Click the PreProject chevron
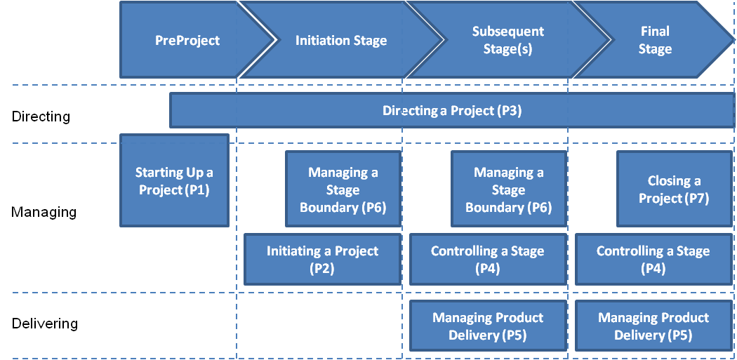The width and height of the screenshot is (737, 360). (x=188, y=40)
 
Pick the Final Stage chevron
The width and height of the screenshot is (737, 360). (x=654, y=40)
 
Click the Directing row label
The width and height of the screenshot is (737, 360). (x=41, y=116)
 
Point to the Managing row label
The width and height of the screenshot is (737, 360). (x=44, y=213)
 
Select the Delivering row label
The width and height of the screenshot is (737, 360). (x=45, y=324)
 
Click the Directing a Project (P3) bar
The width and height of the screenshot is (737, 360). (x=452, y=110)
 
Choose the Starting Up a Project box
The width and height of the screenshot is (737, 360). (x=174, y=180)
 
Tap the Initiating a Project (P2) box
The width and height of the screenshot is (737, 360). (x=322, y=259)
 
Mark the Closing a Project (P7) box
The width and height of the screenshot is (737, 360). (x=674, y=189)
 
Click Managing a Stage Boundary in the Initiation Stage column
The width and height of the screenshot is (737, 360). (x=343, y=189)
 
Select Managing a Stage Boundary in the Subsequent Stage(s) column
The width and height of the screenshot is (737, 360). (x=509, y=189)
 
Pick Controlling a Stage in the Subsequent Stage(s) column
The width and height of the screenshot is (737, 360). (x=488, y=259)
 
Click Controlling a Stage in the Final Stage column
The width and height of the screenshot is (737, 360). (x=653, y=259)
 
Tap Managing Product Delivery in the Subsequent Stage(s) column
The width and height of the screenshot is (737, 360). (x=488, y=326)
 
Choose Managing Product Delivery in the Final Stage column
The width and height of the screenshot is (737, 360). (x=653, y=326)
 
